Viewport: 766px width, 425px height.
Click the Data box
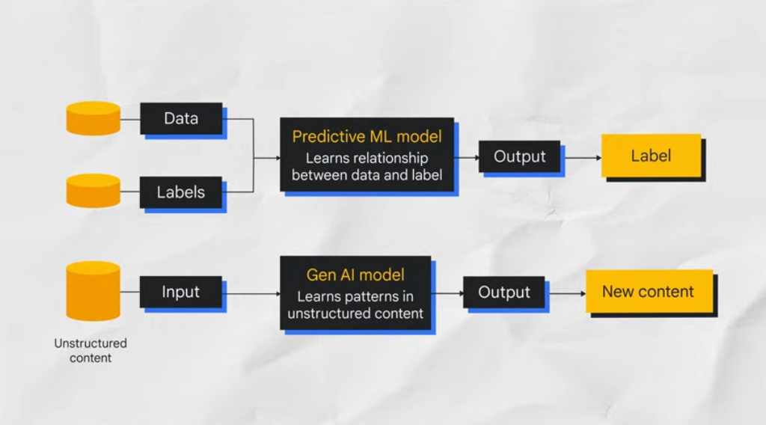[x=180, y=118]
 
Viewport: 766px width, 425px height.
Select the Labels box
[x=180, y=192]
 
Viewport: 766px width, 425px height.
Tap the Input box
[x=180, y=291]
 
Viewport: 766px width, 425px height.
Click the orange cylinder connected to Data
[x=94, y=118]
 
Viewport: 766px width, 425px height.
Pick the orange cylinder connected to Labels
[x=94, y=191]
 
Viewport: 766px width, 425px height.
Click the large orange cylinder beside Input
[x=94, y=291]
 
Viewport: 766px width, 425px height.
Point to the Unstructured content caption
[x=91, y=350]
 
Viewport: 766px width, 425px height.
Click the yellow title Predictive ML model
[x=367, y=137]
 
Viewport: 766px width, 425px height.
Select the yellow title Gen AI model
[x=355, y=275]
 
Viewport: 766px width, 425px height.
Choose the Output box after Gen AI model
[x=503, y=293]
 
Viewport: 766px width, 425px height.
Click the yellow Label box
[x=651, y=156]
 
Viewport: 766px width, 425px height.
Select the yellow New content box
[x=648, y=293]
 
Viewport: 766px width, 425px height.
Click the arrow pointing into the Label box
[x=583, y=157]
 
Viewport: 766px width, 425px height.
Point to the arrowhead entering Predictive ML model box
[x=275, y=158]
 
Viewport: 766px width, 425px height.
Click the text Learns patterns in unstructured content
[x=355, y=305]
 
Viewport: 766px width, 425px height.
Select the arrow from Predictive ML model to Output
[x=467, y=157]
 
